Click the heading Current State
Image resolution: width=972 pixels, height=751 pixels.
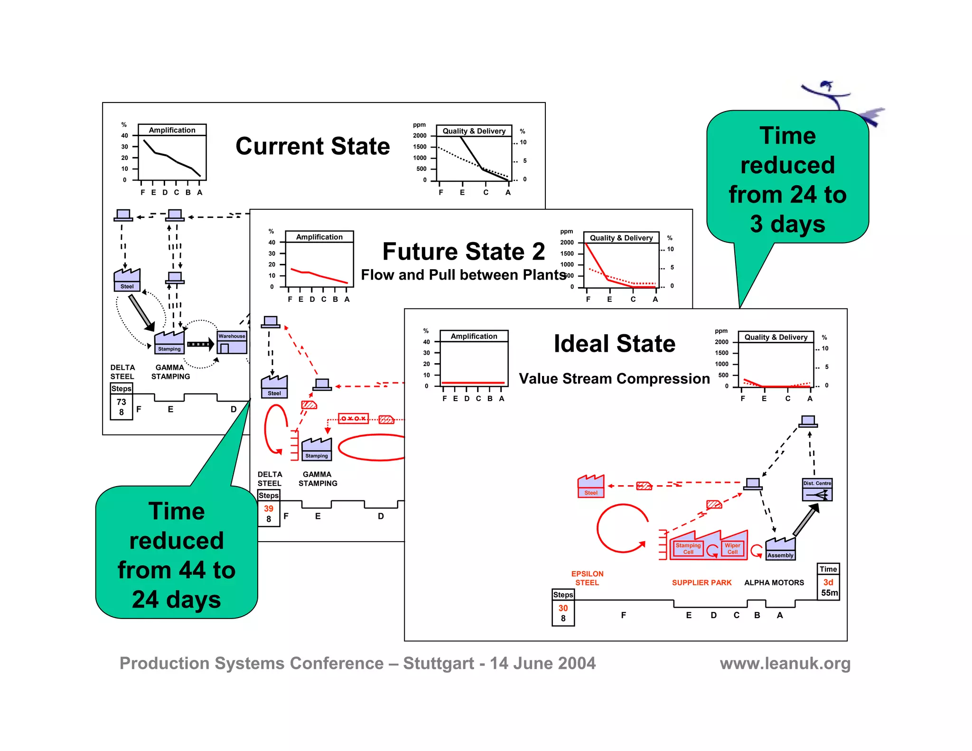[312, 146]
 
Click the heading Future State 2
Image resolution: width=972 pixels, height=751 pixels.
[463, 252]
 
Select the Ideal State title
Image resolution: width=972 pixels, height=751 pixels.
[614, 344]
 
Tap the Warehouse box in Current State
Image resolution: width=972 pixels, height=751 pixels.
[232, 343]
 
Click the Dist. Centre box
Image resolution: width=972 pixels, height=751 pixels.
[817, 490]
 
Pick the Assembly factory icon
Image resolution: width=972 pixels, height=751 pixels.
[780, 550]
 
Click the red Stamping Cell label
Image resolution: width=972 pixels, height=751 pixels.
[688, 549]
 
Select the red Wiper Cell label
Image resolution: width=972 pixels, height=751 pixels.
[732, 549]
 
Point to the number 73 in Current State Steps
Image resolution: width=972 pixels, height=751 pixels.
[121, 402]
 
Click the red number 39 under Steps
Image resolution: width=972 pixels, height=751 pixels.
[269, 508]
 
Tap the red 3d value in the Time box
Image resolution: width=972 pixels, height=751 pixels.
[828, 582]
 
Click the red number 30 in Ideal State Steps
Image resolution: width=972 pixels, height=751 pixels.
[563, 608]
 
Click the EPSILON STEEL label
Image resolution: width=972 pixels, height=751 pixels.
[587, 578]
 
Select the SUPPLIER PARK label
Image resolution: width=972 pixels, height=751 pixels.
[701, 582]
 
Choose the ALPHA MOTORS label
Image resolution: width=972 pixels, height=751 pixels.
[774, 582]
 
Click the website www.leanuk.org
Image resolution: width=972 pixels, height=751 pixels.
[785, 663]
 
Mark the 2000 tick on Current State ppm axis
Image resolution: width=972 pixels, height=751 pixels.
[420, 136]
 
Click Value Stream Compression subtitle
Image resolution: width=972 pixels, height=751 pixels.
[614, 379]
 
